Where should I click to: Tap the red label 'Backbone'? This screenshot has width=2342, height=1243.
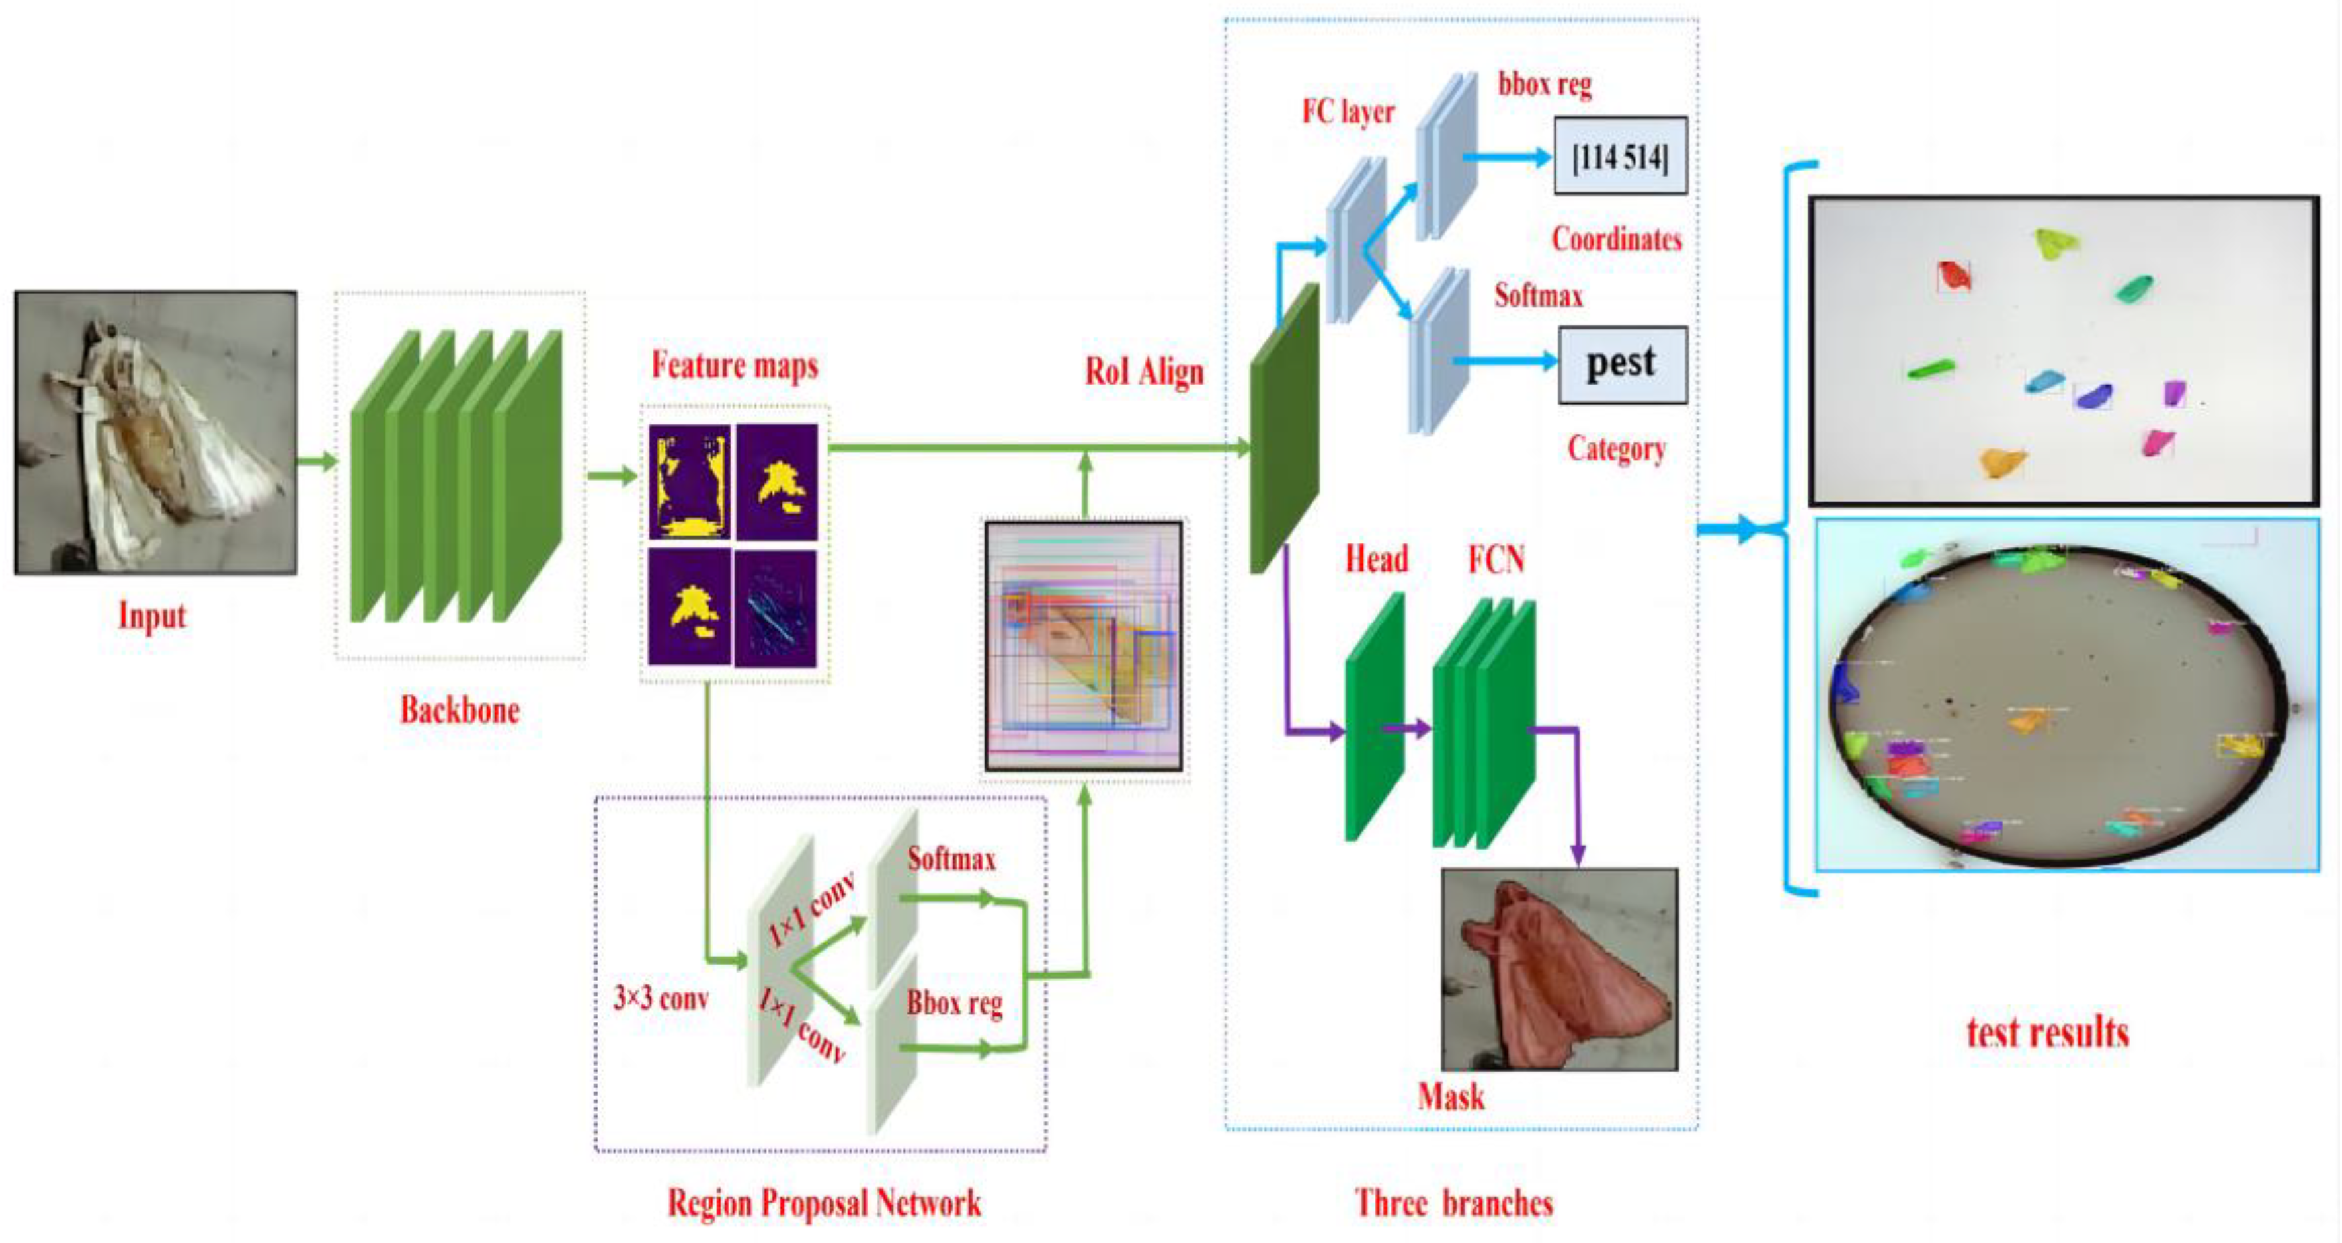tap(460, 710)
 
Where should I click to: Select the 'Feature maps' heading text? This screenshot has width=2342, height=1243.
tap(735, 366)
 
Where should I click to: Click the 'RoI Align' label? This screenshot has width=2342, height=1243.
tap(1144, 371)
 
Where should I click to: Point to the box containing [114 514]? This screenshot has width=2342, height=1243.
tap(1620, 157)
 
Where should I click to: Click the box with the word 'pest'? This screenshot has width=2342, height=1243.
tap(1622, 364)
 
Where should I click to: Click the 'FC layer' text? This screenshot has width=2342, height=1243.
tap(1348, 112)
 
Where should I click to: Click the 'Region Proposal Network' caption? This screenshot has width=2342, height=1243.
tap(824, 1203)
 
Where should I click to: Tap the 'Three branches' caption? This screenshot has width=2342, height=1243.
tap(1453, 1203)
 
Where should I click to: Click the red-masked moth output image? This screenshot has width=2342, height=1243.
tap(1559, 969)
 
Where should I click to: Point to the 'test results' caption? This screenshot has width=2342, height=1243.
tap(2047, 1033)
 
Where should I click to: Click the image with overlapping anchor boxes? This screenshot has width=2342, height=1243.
tap(1084, 645)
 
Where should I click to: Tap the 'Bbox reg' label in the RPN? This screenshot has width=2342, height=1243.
tap(953, 1003)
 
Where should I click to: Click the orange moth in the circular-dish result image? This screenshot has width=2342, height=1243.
tap(2027, 722)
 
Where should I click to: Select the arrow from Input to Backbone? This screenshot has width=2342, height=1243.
tap(316, 461)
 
